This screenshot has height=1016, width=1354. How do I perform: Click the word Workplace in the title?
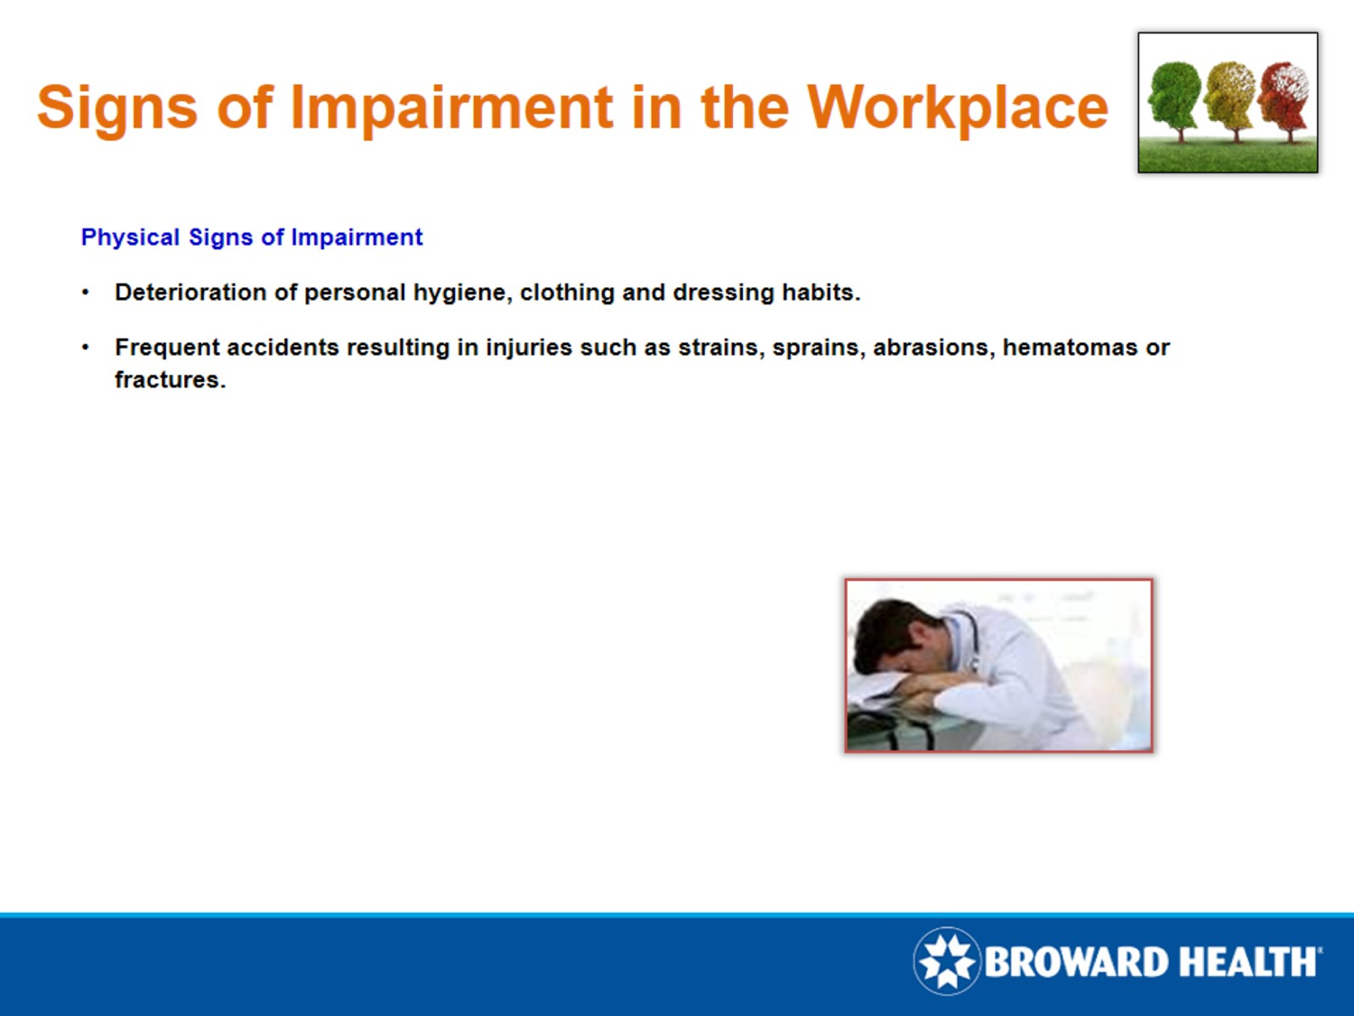[957, 107]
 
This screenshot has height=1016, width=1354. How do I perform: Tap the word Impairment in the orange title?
[451, 107]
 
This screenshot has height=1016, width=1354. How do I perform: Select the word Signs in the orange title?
[116, 107]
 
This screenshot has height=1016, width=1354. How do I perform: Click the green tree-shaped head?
[1175, 95]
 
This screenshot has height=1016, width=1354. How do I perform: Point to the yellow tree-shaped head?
[1229, 95]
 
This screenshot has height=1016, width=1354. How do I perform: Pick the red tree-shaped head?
[1284, 95]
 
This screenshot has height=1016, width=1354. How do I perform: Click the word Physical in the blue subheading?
[130, 238]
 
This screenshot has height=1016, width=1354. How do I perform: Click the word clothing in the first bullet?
[567, 293]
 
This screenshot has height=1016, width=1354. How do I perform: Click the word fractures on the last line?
[169, 380]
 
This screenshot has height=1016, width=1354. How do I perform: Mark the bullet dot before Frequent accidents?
[85, 348]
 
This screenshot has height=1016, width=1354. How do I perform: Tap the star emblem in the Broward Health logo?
[947, 961]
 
